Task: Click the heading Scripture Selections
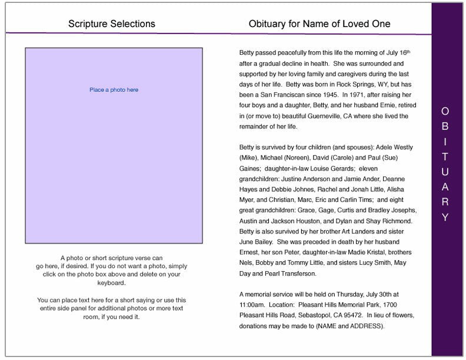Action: (112, 24)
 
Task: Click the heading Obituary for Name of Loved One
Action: (319, 24)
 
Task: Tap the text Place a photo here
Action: (114, 90)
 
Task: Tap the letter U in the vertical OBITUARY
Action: (445, 172)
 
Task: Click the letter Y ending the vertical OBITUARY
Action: (445, 218)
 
